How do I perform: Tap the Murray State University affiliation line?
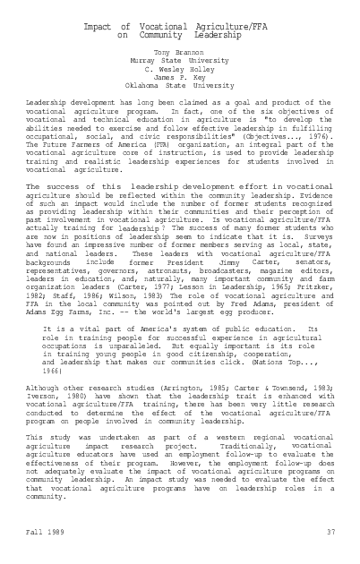pyautogui.click(x=179, y=62)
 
